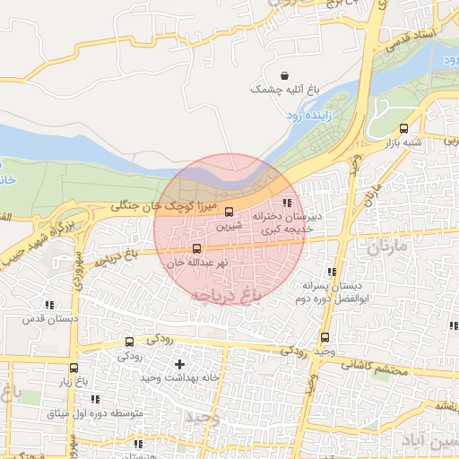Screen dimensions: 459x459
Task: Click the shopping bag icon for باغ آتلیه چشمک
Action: click(x=284, y=75)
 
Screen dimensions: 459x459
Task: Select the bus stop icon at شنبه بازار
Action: click(x=403, y=128)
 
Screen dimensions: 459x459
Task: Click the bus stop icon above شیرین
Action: click(x=229, y=212)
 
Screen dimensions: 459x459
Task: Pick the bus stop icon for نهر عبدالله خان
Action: click(x=196, y=248)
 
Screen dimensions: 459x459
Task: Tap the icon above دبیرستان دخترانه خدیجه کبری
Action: click(x=287, y=204)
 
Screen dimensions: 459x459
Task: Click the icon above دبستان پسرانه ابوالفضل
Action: click(x=332, y=272)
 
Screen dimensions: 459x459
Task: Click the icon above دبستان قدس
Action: click(x=49, y=305)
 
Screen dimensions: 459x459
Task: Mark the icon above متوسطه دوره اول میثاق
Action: click(x=94, y=399)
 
